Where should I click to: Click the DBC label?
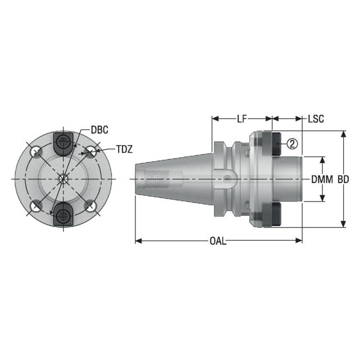click(x=100, y=130)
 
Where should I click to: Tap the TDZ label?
click(x=124, y=150)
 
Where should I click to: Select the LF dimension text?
click(x=241, y=119)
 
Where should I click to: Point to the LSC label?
click(x=316, y=119)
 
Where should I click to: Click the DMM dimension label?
click(x=322, y=179)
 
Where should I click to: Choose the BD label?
click(x=343, y=179)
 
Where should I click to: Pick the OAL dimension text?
click(x=218, y=241)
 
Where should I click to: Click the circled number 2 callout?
click(x=292, y=144)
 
